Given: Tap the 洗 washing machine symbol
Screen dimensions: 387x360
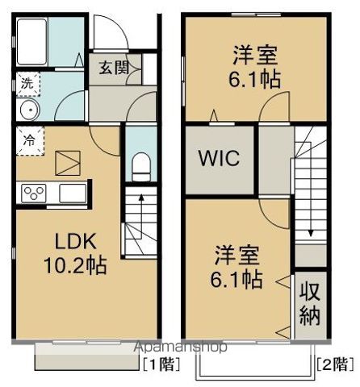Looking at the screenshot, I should tap(27, 81).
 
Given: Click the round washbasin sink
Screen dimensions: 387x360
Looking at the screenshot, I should tap(28, 110).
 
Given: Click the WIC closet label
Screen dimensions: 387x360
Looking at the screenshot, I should tap(220, 158).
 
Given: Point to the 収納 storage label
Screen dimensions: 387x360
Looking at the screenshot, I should tap(309, 302).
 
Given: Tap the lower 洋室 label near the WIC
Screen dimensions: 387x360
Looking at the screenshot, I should tap(237, 257).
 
